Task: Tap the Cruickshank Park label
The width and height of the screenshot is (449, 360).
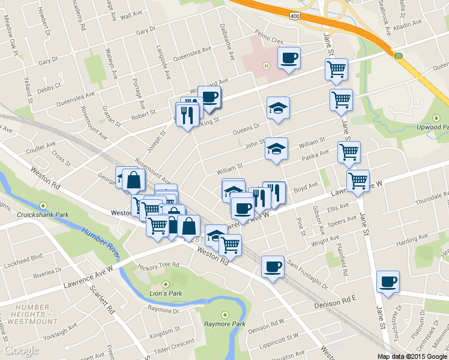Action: (x=43, y=214)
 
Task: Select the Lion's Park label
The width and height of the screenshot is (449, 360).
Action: (x=165, y=293)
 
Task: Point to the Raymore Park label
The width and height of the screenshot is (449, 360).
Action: (x=224, y=324)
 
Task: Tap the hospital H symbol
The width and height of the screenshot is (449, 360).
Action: (x=266, y=66)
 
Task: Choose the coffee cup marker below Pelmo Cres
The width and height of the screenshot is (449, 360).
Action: (x=289, y=58)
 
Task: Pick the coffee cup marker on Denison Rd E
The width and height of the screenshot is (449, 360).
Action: (x=388, y=281)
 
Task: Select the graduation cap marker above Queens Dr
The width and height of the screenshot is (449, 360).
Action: (x=278, y=109)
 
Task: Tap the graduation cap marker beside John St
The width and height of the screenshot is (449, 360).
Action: (x=277, y=149)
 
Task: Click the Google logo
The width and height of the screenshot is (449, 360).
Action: (x=22, y=350)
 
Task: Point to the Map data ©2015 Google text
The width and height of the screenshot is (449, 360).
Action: (x=412, y=356)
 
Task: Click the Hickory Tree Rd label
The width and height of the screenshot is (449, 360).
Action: (x=158, y=265)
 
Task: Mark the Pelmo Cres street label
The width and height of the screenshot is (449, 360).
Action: (x=268, y=41)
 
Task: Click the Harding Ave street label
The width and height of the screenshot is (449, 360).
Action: (x=411, y=240)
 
